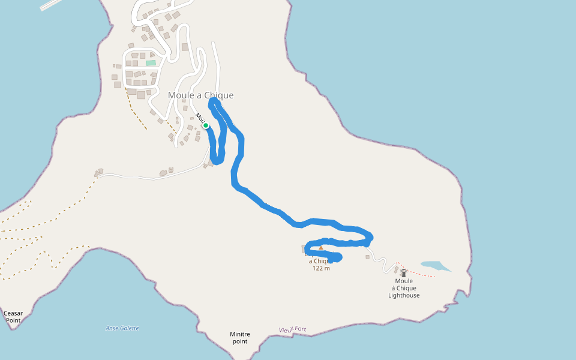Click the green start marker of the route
click(x=206, y=126)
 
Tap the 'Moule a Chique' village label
click(x=200, y=95)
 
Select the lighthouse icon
click(x=404, y=273)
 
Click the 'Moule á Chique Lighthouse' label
click(x=404, y=288)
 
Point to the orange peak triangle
click(x=321, y=247)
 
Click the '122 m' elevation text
click(x=321, y=268)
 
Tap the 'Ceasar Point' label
click(x=13, y=317)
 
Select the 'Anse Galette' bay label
click(x=122, y=328)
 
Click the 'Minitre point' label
click(x=239, y=338)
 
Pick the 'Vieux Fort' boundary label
click(x=292, y=329)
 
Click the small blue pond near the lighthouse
click(x=435, y=265)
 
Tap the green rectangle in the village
click(x=151, y=62)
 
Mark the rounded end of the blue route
click(x=337, y=257)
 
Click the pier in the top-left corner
click(x=50, y=5)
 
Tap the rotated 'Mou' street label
click(x=200, y=118)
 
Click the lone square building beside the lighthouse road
click(x=368, y=257)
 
